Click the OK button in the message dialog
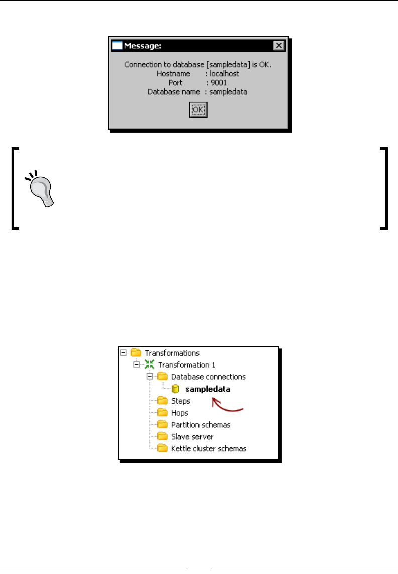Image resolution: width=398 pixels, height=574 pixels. tap(198, 110)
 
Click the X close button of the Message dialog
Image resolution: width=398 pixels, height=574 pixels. tap(279, 46)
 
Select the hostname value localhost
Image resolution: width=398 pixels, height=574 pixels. tap(224, 74)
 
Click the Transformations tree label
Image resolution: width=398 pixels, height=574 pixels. tap(172, 353)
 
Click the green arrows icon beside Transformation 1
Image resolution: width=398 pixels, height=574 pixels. tap(149, 365)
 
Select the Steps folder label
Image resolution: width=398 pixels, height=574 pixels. tap(180, 401)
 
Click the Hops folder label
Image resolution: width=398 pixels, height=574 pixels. tap(180, 413)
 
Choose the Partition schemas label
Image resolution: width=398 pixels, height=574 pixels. tap(201, 425)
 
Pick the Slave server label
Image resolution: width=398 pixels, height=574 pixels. tap(192, 437)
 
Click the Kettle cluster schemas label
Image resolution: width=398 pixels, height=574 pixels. tap(209, 449)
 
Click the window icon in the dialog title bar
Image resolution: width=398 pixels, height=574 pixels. tap(117, 46)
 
